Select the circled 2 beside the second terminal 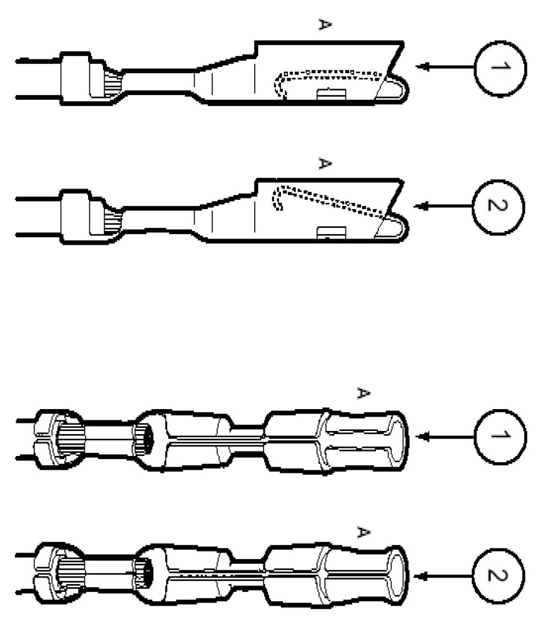499,205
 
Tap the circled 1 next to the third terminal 499,436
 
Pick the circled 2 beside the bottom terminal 499,576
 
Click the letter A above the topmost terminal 324,25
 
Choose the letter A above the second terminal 324,164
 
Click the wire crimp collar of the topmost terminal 76,78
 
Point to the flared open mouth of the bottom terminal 395,576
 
